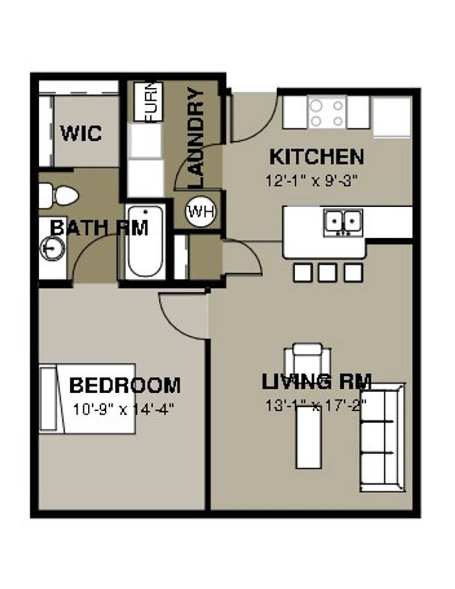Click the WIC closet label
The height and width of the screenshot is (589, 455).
tap(81, 134)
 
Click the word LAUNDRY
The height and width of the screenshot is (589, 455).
tap(196, 138)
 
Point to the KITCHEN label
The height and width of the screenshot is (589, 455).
tap(317, 157)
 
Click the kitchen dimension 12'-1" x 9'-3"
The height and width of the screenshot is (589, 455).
tap(311, 181)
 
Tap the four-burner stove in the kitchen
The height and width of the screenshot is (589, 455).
tap(327, 112)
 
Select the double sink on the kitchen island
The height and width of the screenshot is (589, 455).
tap(343, 223)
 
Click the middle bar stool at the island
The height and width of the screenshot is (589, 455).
tap(328, 272)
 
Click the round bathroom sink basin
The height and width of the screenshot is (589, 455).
tap(52, 248)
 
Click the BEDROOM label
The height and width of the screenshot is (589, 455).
tap(125, 385)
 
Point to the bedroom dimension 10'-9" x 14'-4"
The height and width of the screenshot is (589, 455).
tap(124, 409)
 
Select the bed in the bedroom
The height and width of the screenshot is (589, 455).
tap(87, 399)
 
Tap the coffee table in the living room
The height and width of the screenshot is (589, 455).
tap(309, 437)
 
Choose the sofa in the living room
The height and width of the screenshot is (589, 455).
tap(382, 437)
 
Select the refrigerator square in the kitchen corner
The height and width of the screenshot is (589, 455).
tap(392, 117)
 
